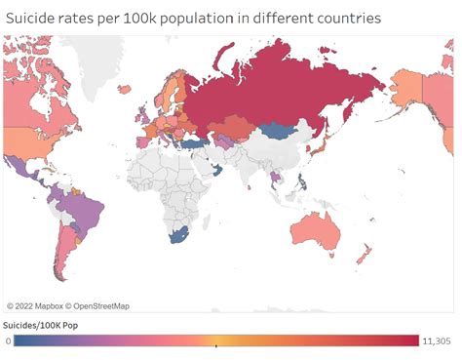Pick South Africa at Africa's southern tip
point(177,236)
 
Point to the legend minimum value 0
point(8,340)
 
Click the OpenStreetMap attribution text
point(100,306)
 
